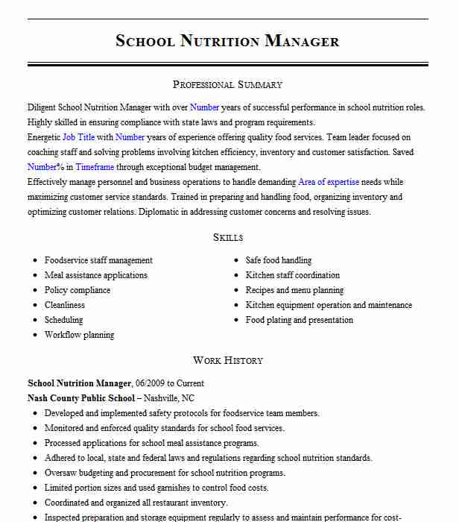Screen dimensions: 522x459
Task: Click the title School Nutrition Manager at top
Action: (227, 41)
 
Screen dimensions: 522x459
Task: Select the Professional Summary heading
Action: (227, 84)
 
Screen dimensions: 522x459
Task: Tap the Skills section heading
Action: (227, 237)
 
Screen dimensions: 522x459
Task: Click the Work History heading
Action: (227, 360)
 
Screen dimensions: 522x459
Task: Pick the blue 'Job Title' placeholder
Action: (78, 137)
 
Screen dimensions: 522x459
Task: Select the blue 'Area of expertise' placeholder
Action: (329, 182)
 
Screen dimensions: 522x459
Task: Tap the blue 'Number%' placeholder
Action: (45, 167)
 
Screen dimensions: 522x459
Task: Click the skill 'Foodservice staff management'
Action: (98, 260)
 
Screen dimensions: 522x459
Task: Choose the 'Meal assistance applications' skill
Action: (96, 275)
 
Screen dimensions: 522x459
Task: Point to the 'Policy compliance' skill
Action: (77, 290)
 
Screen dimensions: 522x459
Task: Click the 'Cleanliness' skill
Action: (65, 305)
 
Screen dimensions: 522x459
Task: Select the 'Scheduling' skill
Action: (64, 320)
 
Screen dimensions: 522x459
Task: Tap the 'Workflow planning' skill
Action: (80, 335)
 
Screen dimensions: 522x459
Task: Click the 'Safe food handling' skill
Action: (279, 260)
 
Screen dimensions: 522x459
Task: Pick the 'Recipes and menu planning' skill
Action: (295, 290)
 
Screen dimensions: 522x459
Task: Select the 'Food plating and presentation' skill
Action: (300, 320)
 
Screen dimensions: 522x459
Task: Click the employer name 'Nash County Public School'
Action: (81, 398)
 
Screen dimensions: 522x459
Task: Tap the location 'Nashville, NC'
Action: (168, 398)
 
